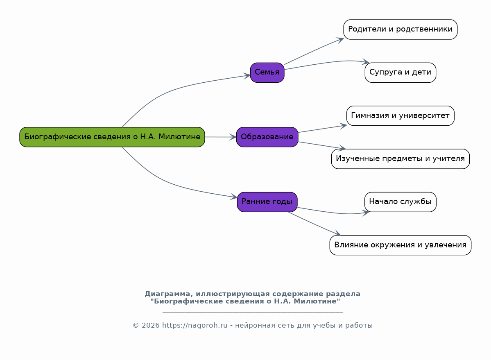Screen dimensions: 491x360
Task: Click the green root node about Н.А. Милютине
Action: click(x=112, y=137)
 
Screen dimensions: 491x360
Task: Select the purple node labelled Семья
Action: click(x=267, y=72)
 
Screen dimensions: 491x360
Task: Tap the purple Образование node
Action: click(x=267, y=137)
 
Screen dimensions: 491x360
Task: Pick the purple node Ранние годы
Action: click(x=267, y=202)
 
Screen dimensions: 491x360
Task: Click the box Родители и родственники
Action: click(x=400, y=29)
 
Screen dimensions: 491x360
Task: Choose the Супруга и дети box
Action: click(x=400, y=72)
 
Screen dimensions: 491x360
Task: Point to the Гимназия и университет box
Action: click(x=400, y=115)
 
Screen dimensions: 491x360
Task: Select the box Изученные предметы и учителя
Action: click(x=400, y=159)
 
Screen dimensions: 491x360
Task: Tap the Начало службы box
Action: click(x=400, y=202)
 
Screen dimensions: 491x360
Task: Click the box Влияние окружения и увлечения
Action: click(x=400, y=245)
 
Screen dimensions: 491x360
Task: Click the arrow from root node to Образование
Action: click(x=221, y=137)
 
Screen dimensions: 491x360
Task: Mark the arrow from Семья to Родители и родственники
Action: click(x=314, y=51)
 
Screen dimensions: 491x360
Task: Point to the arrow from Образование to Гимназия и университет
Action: click(x=323, y=129)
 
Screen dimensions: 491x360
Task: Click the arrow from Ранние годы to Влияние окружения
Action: click(x=315, y=224)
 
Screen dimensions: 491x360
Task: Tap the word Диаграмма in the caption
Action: click(x=167, y=294)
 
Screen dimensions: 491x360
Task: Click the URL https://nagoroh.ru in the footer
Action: click(x=195, y=326)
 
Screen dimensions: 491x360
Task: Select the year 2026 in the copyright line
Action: click(x=151, y=326)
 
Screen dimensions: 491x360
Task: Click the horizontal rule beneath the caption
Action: click(x=253, y=312)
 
